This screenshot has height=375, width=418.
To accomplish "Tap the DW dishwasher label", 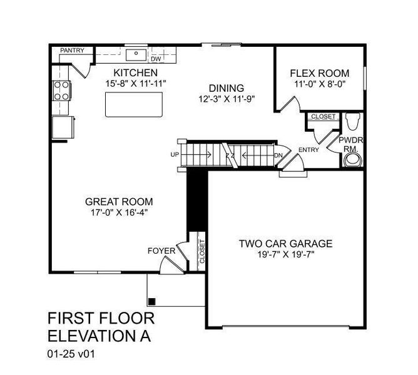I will pyautogui.click(x=156, y=59).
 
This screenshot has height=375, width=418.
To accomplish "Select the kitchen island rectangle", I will pyautogui.click(x=133, y=104).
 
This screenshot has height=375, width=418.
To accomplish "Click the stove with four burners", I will pyautogui.click(x=61, y=91).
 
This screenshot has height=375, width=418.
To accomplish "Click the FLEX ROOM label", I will pyautogui.click(x=320, y=73).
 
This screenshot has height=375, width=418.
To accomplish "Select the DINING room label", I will pyautogui.click(x=226, y=88).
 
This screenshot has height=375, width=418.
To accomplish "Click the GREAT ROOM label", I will pyautogui.click(x=119, y=202).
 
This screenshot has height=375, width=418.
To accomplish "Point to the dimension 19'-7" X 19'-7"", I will pyautogui.click(x=285, y=254).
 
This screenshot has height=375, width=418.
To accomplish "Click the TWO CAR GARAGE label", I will pyautogui.click(x=285, y=244).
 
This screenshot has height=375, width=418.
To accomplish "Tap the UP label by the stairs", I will pyautogui.click(x=174, y=154).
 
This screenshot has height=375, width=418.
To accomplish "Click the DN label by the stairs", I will pyautogui.click(x=278, y=154).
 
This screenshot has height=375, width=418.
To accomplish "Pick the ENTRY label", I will pyautogui.click(x=308, y=149).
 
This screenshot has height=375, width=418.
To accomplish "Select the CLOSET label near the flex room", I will pyautogui.click(x=323, y=116).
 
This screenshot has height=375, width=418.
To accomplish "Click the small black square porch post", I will pyautogui.click(x=151, y=301).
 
